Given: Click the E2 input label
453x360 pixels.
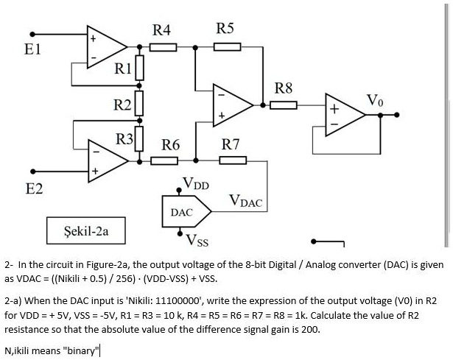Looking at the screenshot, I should (x=34, y=189).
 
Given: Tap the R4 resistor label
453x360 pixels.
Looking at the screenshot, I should (x=161, y=30).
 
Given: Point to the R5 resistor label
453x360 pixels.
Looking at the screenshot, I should (x=225, y=29).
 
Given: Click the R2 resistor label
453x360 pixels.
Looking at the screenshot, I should (x=122, y=103).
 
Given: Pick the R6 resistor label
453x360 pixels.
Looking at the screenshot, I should (x=171, y=144).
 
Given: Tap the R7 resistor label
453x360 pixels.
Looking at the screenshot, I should (x=231, y=144).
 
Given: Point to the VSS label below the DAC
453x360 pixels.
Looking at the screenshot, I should (x=197, y=239).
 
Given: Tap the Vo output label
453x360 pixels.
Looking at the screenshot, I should (x=374, y=99).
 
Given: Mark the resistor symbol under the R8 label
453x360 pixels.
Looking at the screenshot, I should (x=283, y=105).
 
